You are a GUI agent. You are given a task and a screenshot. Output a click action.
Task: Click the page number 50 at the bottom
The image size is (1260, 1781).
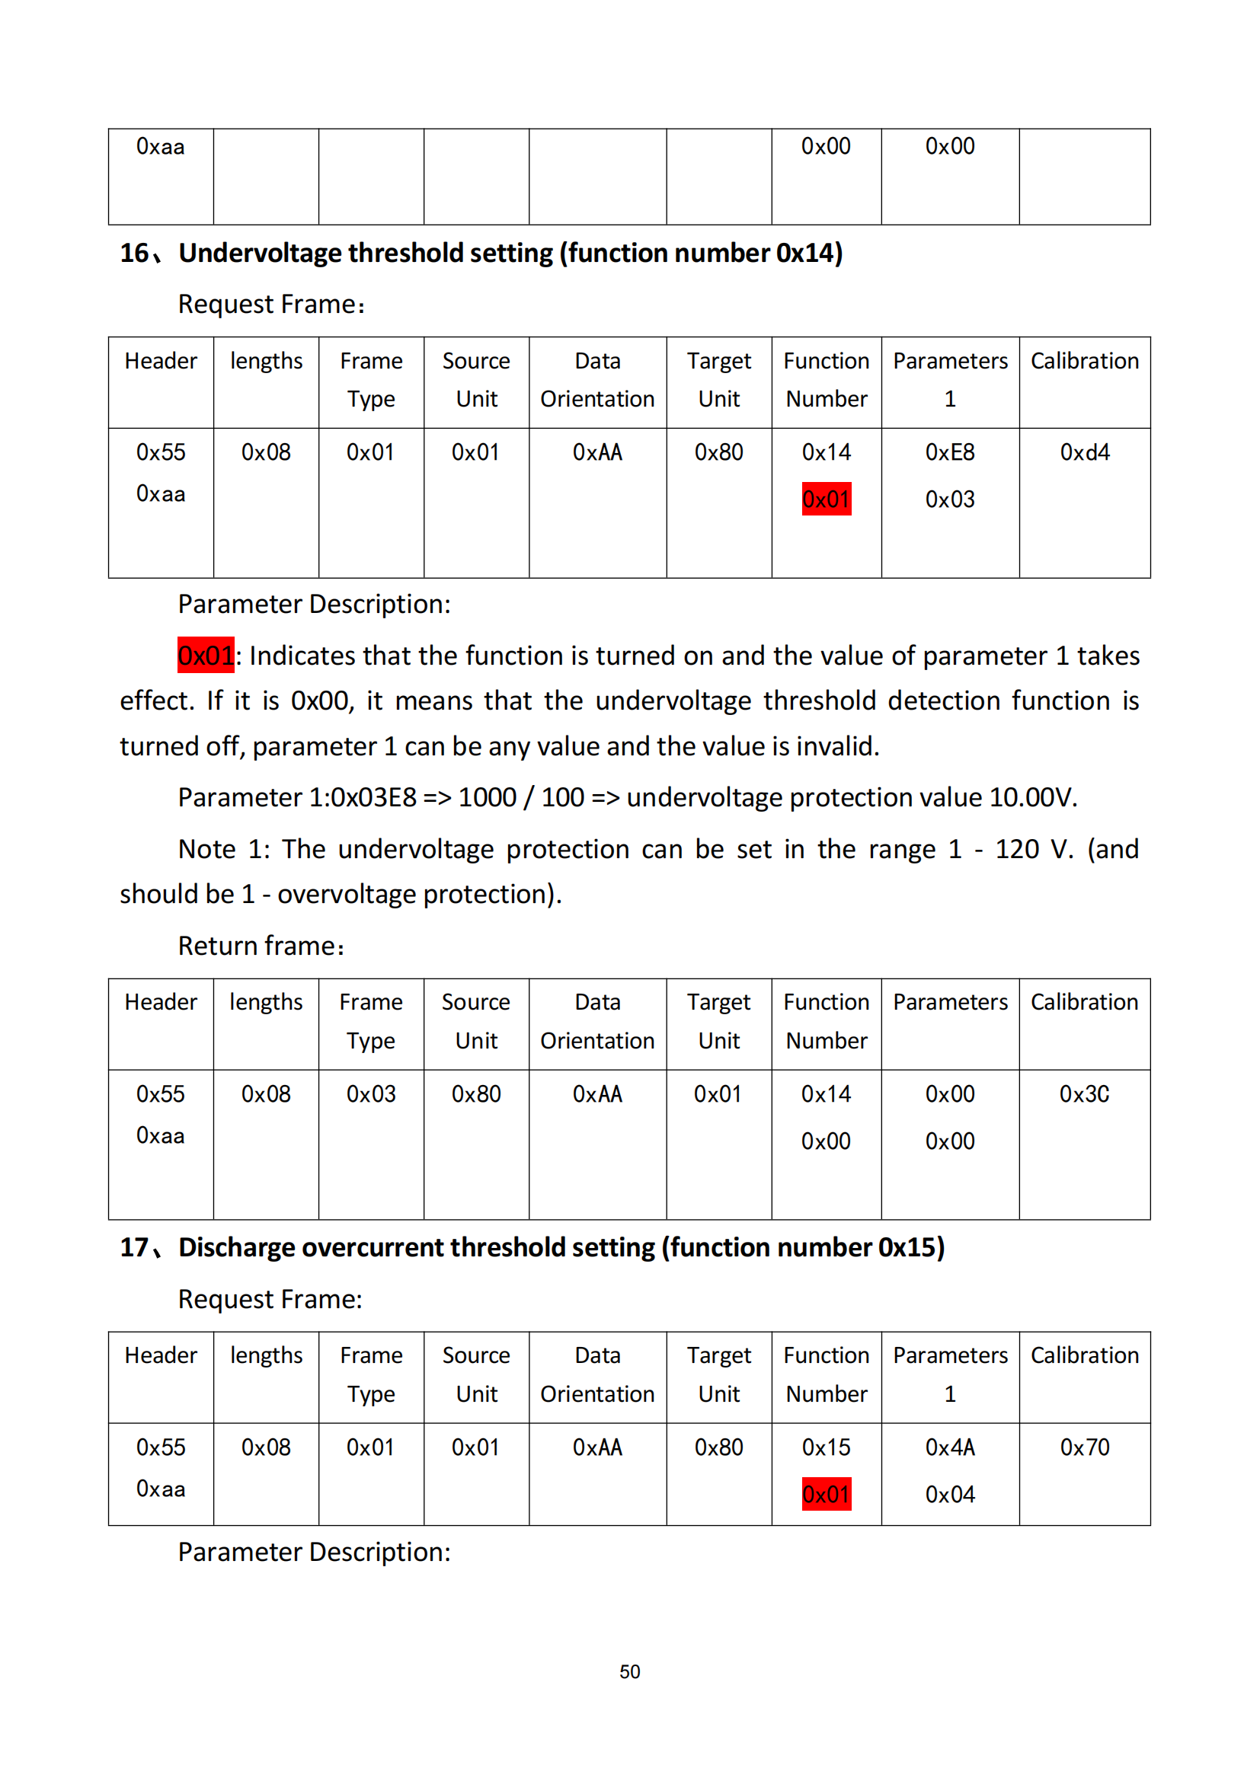[629, 1671]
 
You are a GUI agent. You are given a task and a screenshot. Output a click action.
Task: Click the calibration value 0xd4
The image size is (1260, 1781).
[1084, 452]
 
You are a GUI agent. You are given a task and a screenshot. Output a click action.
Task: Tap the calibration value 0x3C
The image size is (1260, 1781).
[1084, 1093]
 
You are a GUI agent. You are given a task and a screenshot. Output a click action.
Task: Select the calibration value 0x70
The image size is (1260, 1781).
[1084, 1447]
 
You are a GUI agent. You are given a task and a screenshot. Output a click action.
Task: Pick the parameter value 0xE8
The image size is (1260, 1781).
[950, 452]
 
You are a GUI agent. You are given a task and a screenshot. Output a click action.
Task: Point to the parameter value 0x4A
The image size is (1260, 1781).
[950, 1447]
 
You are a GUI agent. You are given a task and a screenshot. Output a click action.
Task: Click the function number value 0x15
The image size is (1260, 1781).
[826, 1447]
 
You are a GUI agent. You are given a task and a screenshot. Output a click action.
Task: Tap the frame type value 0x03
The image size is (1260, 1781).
[371, 1093]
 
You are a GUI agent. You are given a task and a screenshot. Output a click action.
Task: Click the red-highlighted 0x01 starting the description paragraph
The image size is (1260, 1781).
[206, 656]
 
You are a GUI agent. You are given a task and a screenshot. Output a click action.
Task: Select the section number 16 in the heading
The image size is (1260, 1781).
[133, 253]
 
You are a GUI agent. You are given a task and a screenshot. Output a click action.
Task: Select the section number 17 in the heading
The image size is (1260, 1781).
[133, 1247]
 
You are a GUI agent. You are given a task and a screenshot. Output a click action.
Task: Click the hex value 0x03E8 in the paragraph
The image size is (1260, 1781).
[373, 797]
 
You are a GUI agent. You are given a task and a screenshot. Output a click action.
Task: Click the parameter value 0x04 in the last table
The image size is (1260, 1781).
[950, 1494]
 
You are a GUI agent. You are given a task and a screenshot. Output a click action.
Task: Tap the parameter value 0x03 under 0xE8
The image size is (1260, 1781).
[950, 499]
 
